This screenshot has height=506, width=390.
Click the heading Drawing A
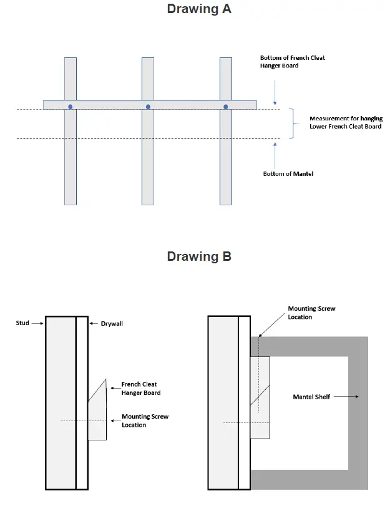(x=199, y=9)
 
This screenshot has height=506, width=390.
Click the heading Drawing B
(x=199, y=256)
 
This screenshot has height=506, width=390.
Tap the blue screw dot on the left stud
(x=70, y=107)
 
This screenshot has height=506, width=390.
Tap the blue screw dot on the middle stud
(x=148, y=107)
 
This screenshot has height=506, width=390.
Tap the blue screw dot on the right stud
(x=226, y=107)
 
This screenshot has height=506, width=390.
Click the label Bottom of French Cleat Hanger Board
(x=292, y=62)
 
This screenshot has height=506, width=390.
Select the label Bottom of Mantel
(x=288, y=173)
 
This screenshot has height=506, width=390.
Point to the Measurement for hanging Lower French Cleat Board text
(x=346, y=122)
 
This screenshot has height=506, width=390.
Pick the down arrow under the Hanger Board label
(x=275, y=96)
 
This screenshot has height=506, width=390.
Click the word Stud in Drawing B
(x=22, y=323)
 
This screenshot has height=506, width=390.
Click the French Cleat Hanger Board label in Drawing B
(x=140, y=389)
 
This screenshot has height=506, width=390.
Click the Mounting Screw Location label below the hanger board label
(x=145, y=421)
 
